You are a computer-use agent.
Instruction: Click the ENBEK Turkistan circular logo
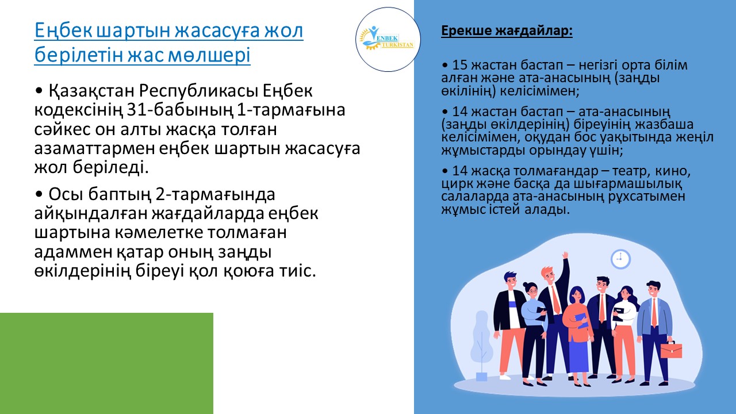(x=388, y=40)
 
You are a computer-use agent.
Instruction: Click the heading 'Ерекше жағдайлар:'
(x=507, y=30)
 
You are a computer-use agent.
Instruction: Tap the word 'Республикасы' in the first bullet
(x=198, y=91)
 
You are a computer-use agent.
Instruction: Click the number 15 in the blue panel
(x=459, y=65)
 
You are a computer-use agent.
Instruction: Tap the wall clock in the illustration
(x=620, y=259)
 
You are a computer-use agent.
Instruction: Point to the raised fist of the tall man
(x=565, y=255)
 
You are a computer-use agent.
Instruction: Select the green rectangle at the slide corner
(x=106, y=363)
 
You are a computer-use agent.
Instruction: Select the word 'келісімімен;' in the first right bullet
(x=539, y=91)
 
